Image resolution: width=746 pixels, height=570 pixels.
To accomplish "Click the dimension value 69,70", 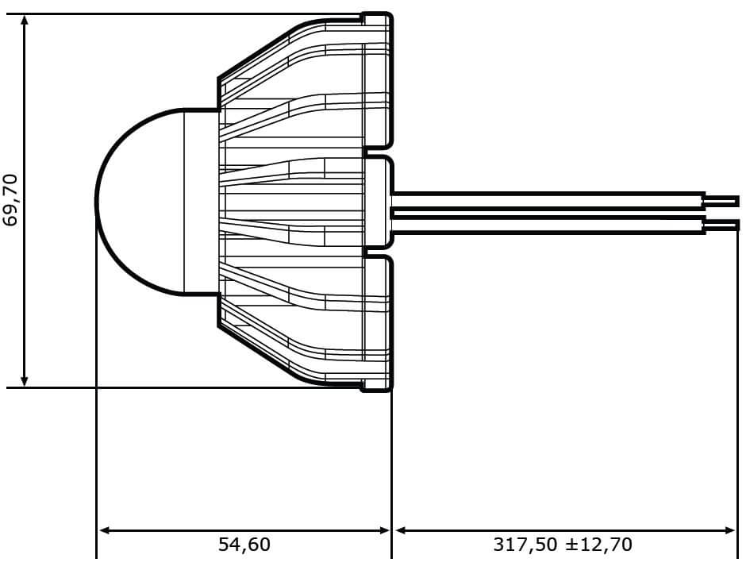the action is click(10, 200).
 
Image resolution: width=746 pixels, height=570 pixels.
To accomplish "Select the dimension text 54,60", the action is click(244, 545).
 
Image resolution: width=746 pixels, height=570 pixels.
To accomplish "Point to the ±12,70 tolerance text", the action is click(599, 545).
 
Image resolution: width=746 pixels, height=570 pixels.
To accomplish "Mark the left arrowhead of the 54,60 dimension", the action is click(103, 530).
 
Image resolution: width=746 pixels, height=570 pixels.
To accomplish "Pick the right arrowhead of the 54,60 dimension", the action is click(384, 530).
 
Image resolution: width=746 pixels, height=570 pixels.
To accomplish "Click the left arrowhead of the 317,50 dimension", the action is click(400, 530).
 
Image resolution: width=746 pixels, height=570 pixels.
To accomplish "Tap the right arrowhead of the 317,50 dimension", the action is click(730, 530).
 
